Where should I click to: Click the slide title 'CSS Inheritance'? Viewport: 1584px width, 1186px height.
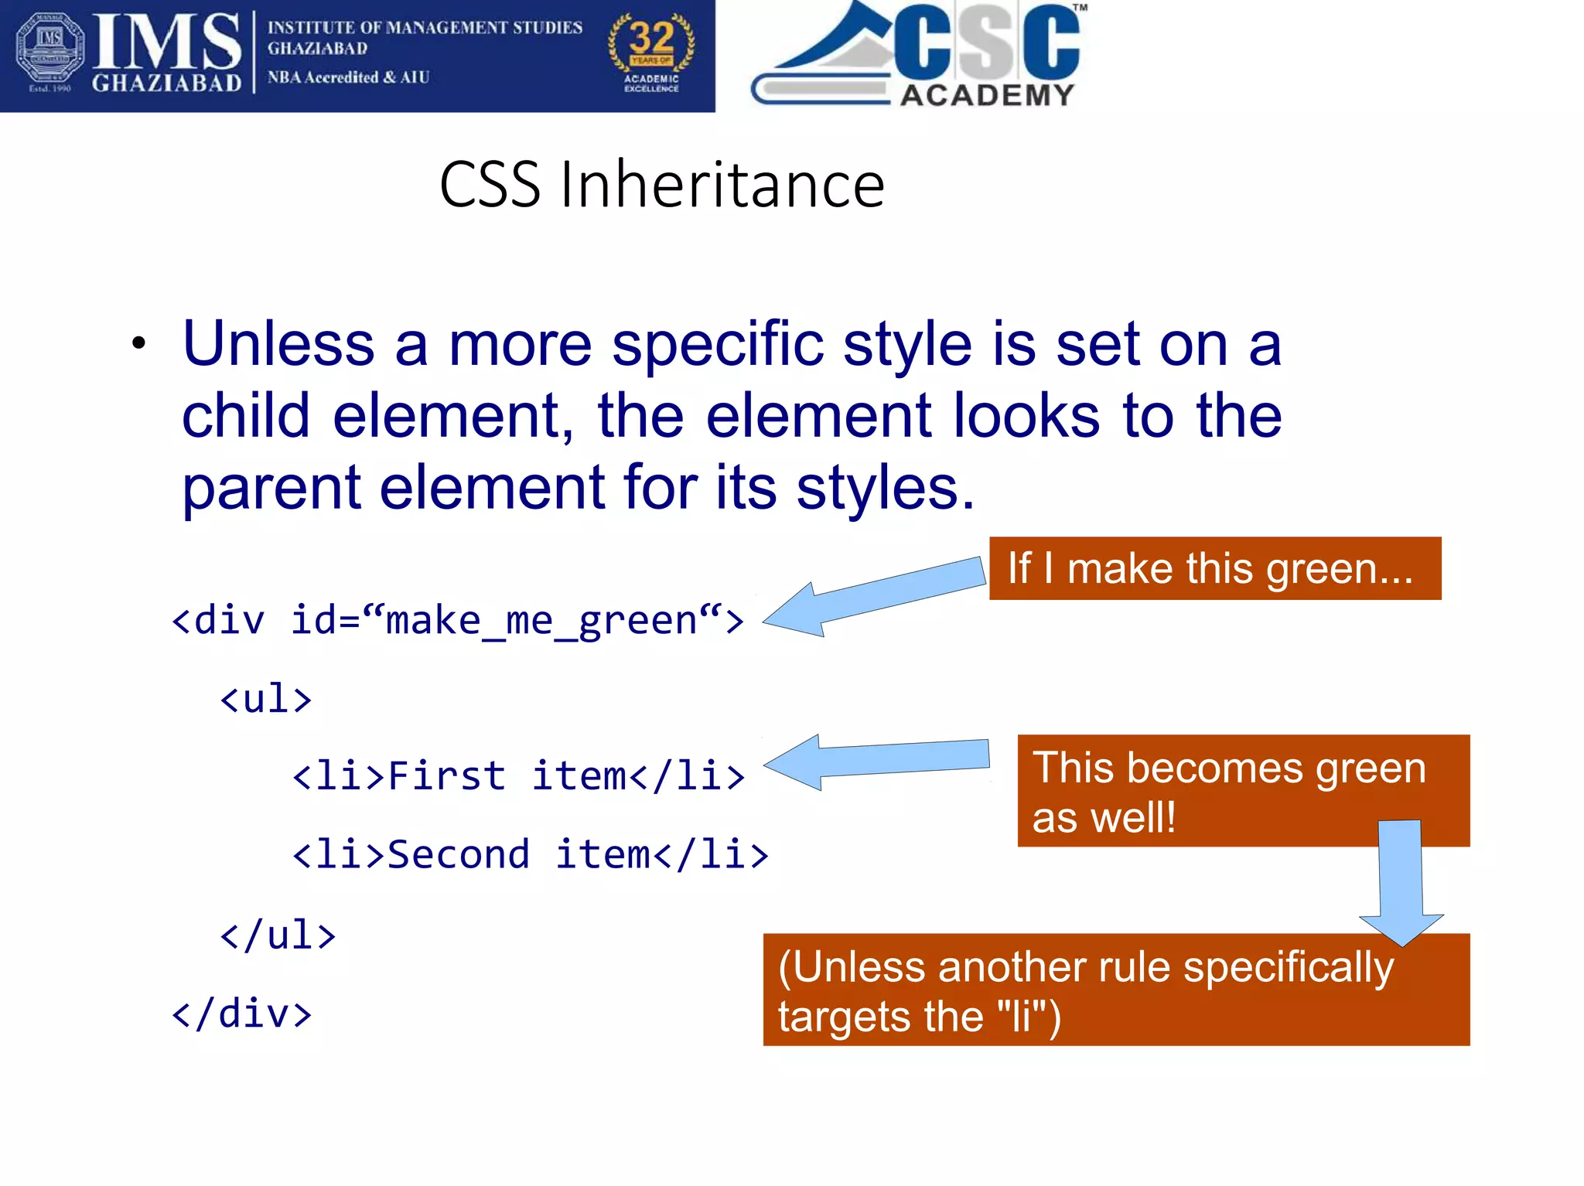(661, 185)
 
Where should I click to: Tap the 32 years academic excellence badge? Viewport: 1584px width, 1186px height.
(651, 53)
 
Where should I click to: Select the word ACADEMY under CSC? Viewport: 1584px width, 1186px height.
(988, 95)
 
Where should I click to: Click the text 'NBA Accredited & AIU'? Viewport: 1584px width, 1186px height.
(348, 77)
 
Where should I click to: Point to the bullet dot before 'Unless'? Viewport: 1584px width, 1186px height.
(138, 344)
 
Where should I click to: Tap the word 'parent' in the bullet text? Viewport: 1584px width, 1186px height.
(271, 488)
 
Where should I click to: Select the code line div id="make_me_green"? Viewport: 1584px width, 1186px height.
(456, 620)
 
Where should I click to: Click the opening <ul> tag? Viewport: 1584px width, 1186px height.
(265, 699)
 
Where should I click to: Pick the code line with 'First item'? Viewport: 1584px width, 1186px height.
(518, 775)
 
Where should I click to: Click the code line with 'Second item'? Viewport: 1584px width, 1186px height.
(531, 854)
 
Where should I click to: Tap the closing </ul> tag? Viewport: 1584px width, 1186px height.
(278, 935)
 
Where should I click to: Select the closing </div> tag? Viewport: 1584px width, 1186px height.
(241, 1014)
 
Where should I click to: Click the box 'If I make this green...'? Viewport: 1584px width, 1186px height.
(1214, 568)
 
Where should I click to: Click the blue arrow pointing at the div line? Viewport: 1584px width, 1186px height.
(874, 597)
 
